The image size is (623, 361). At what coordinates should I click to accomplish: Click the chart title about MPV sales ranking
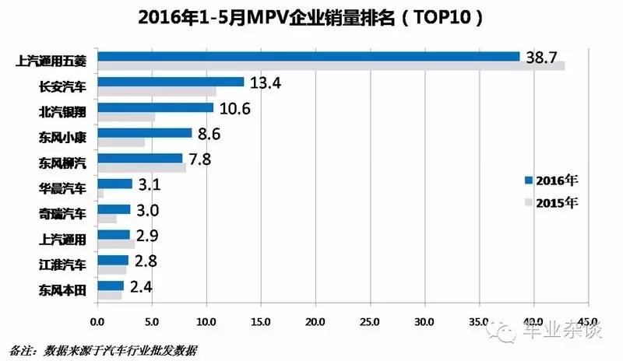(311, 17)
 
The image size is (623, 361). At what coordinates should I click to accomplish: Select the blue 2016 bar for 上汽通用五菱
(308, 56)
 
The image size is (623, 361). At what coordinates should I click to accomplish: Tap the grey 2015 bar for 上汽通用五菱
(331, 66)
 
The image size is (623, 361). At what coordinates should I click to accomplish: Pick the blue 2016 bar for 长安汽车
(171, 82)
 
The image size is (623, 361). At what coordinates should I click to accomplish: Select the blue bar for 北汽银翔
(155, 107)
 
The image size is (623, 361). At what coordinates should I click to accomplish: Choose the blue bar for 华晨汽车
(114, 184)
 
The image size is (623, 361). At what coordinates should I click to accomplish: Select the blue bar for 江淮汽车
(112, 260)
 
